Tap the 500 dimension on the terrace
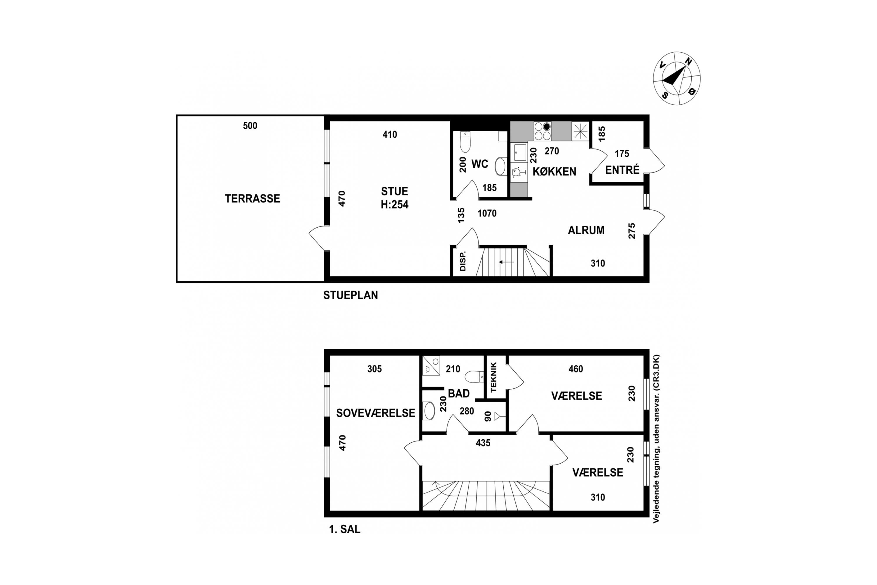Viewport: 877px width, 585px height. (250, 126)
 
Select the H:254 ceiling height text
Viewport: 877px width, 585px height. (394, 204)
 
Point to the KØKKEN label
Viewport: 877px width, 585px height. (554, 172)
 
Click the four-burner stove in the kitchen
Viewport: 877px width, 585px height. (543, 131)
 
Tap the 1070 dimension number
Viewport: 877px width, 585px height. (487, 214)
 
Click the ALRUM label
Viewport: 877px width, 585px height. (586, 230)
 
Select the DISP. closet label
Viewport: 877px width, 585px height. (463, 261)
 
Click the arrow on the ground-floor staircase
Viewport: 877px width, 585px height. (506, 262)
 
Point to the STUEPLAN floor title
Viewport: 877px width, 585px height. (351, 295)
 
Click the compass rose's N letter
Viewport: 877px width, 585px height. (688, 61)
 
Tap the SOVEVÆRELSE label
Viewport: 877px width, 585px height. (375, 413)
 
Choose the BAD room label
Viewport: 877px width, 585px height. (459, 394)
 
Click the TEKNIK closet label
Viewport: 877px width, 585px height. (494, 377)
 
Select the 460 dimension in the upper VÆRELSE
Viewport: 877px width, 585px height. (576, 369)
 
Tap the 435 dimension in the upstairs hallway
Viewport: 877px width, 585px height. (483, 443)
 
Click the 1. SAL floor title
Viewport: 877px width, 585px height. (345, 529)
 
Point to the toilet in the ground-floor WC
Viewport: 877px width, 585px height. (465, 142)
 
